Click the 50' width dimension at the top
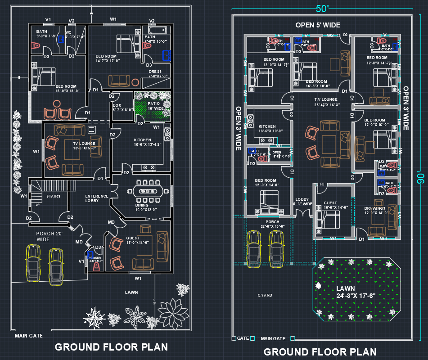point(322,9)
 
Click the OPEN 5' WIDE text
point(318,25)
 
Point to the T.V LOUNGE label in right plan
point(326,103)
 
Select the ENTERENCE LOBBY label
point(97,198)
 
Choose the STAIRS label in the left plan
point(54,196)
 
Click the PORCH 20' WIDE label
point(50,237)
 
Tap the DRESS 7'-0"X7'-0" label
point(158,74)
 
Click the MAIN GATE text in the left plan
point(29,336)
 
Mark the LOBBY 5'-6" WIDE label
point(303,202)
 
